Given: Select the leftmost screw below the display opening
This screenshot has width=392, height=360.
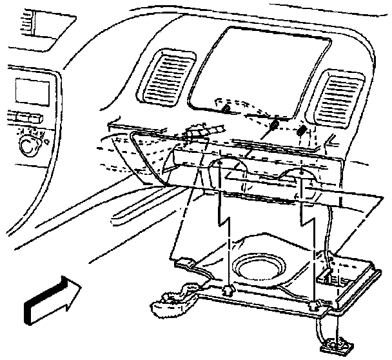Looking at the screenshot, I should [225, 110].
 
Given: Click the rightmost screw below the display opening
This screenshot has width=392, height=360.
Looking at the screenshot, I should [302, 130].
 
